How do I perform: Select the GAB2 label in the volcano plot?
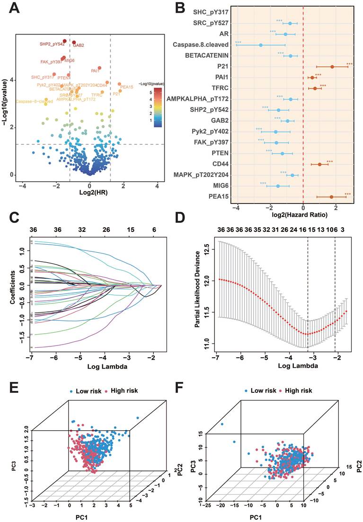pyautogui.click(x=79, y=45)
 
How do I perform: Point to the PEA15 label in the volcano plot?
pyautogui.click(x=127, y=87)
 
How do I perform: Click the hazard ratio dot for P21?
pyautogui.click(x=332, y=67)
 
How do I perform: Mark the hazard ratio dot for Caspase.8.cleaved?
pyautogui.click(x=260, y=45)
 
